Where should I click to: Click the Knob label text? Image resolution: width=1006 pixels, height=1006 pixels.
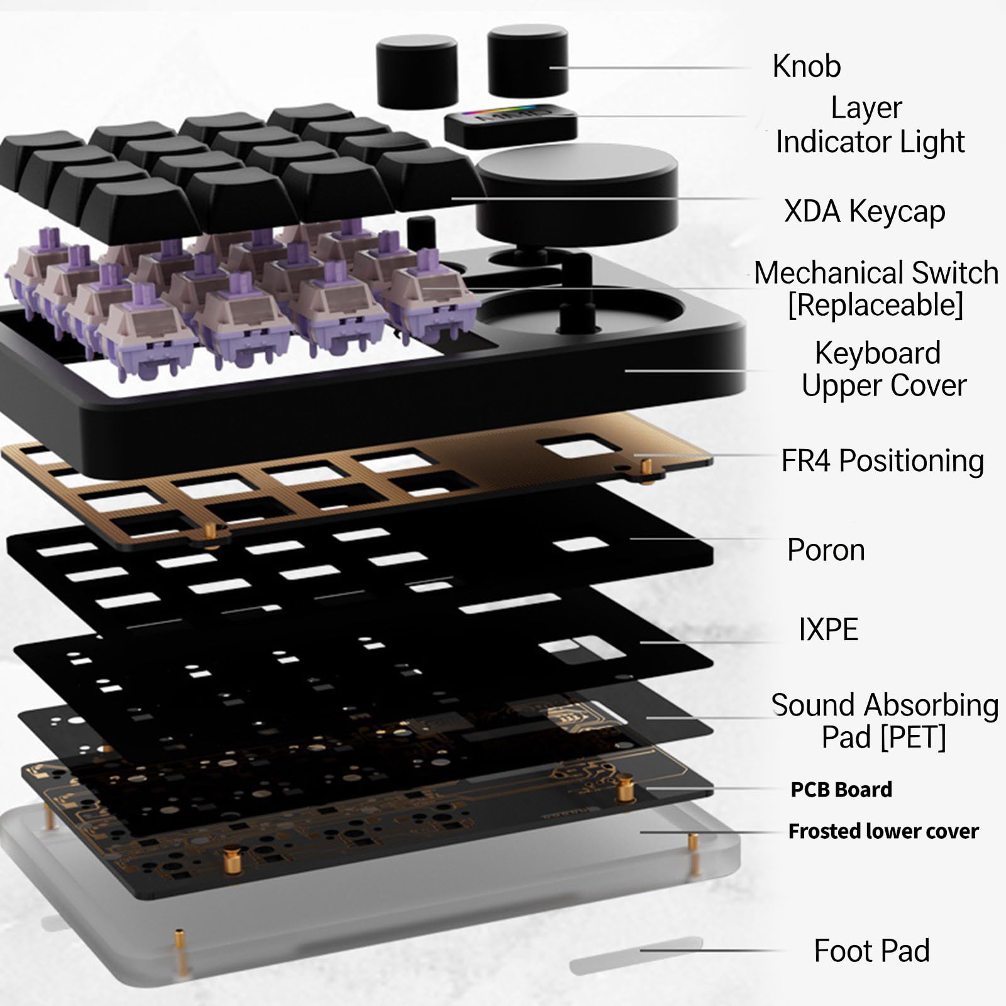(x=806, y=66)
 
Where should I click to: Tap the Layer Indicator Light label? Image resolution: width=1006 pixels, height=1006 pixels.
(x=870, y=124)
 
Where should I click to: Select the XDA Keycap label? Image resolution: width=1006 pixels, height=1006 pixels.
(x=865, y=211)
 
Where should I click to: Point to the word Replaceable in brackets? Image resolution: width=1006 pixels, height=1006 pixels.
(x=875, y=305)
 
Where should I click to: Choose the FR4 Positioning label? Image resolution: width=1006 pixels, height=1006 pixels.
(x=882, y=461)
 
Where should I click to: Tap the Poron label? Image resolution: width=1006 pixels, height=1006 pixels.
(x=826, y=550)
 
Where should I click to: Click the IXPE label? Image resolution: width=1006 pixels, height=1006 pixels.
(x=828, y=629)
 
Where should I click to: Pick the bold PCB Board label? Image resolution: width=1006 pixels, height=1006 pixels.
(x=841, y=789)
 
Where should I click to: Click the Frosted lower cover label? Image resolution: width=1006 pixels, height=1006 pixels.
(x=883, y=831)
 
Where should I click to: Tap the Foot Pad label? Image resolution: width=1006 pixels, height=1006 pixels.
(x=871, y=951)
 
